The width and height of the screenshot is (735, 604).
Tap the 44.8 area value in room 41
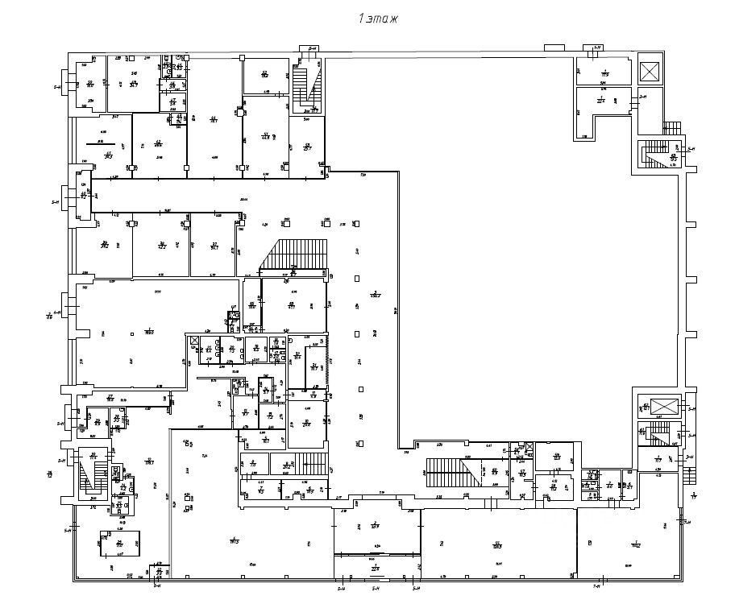coord(265,138)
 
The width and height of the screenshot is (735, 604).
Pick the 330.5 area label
coord(497,546)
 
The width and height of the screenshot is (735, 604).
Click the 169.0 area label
coord(149,331)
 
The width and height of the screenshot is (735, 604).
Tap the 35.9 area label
coord(375,527)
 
